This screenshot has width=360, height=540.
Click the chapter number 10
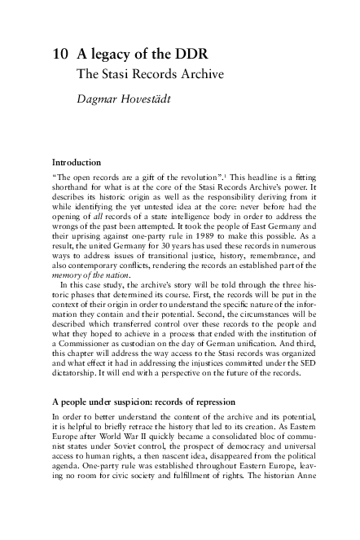tap(59, 55)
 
